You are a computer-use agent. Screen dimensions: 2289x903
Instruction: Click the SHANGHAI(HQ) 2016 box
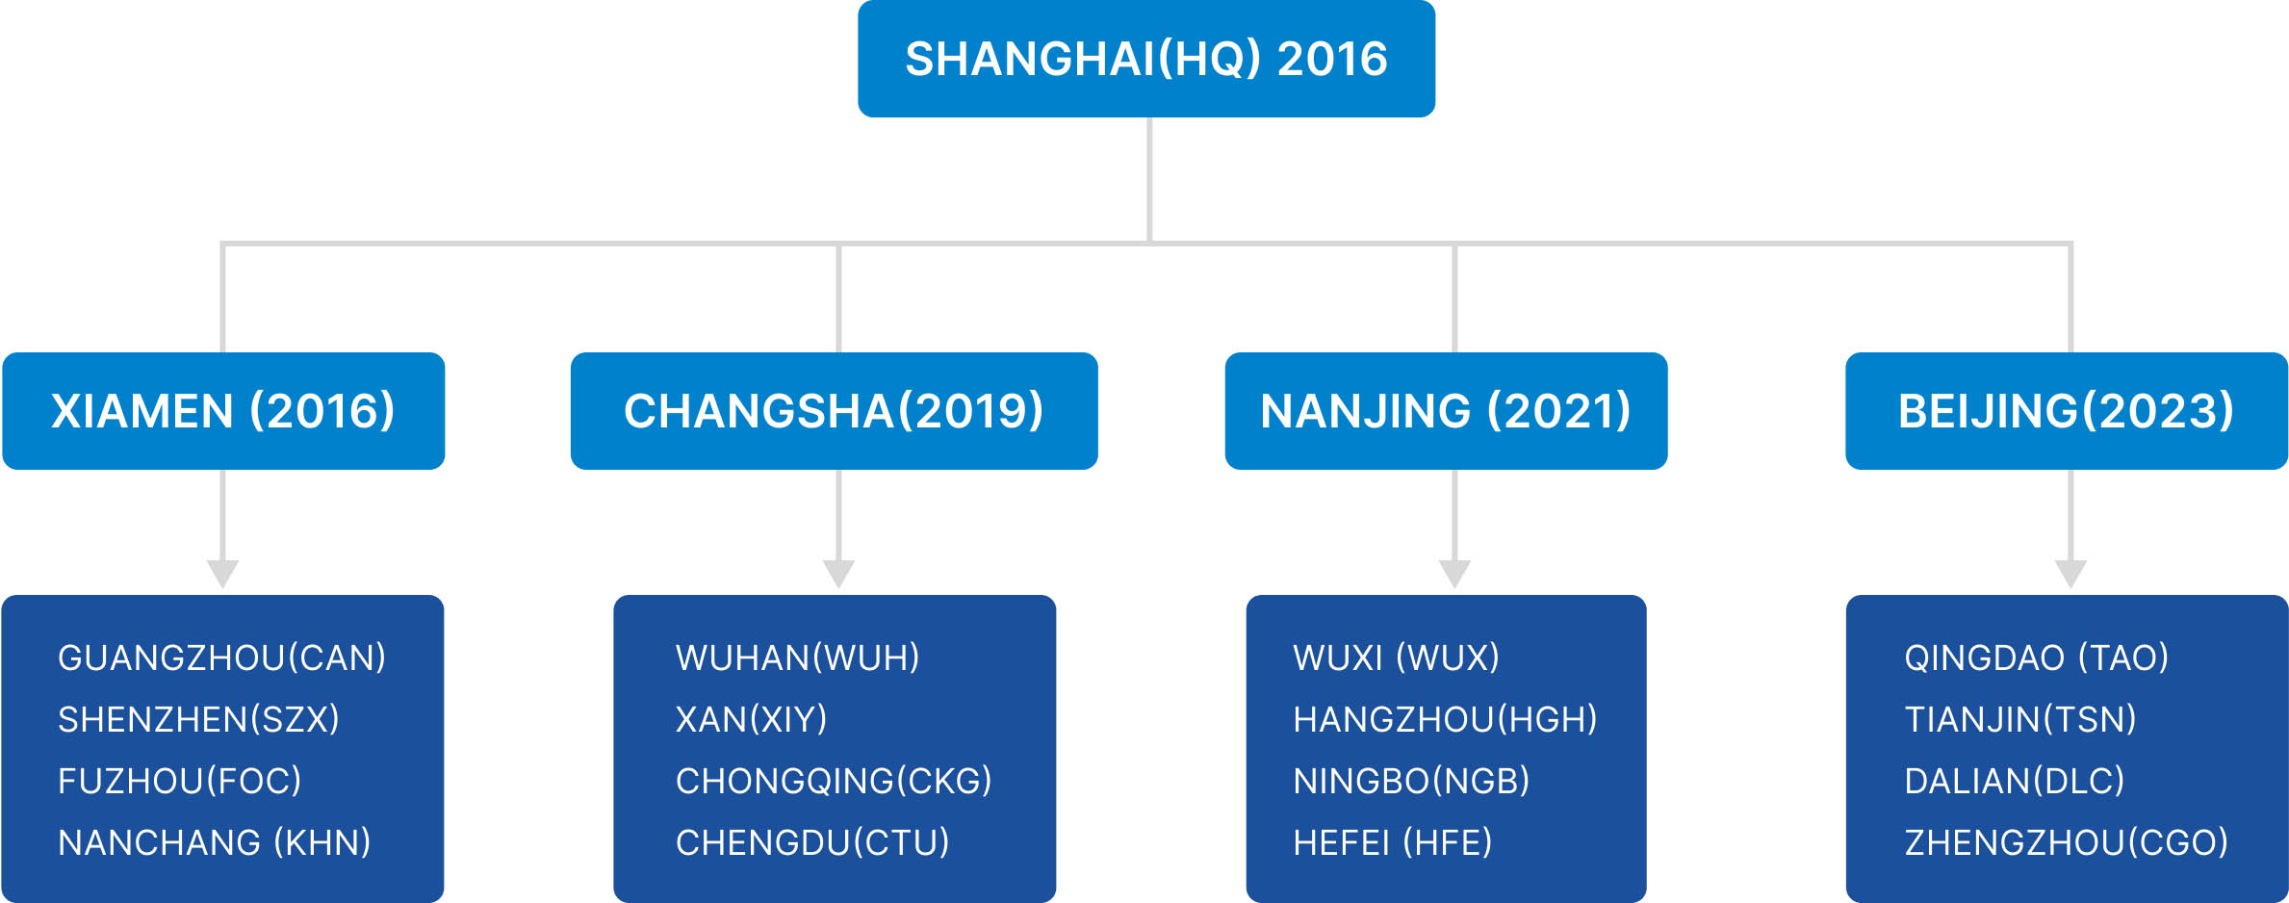point(1146,59)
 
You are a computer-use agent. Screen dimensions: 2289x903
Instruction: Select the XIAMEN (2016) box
point(223,411)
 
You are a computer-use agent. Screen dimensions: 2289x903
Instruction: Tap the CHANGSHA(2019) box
point(834,411)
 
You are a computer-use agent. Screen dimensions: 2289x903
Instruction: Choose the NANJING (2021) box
point(1446,411)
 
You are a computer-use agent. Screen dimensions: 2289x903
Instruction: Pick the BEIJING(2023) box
point(2067,411)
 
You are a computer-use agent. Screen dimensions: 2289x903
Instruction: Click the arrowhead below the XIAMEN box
point(223,573)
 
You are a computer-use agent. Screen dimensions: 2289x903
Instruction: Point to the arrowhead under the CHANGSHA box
point(838,573)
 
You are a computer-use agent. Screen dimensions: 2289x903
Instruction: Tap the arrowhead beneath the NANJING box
point(1454,573)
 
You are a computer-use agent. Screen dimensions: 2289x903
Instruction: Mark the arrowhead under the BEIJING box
point(2070,573)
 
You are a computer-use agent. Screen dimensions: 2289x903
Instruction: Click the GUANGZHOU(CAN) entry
point(222,658)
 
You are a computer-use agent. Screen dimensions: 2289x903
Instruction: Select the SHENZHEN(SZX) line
point(198,720)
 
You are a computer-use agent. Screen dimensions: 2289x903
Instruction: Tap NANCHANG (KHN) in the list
point(215,843)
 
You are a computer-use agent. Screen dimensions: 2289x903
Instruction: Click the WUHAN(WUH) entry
point(798,658)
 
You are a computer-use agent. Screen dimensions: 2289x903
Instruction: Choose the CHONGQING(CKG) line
point(834,782)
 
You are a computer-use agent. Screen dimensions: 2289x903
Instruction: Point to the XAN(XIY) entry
point(752,720)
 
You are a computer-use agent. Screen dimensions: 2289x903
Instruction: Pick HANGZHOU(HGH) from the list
point(1446,720)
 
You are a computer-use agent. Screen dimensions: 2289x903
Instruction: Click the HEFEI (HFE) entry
point(1393,843)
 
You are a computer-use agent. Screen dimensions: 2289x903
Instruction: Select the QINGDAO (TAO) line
point(2037,658)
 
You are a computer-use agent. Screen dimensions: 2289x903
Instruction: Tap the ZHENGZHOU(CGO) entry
point(2067,843)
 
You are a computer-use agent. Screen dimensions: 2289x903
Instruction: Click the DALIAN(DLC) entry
point(2015,782)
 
